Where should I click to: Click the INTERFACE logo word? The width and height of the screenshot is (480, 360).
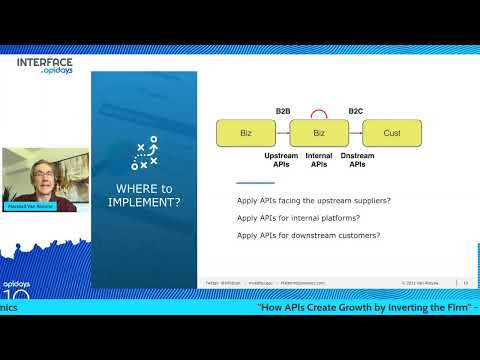click(45, 62)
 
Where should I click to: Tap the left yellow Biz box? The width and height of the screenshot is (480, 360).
click(246, 133)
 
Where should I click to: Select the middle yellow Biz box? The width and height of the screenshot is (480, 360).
click(319, 133)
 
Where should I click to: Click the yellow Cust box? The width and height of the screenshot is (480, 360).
click(391, 133)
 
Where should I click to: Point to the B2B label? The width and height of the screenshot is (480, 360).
click(283, 110)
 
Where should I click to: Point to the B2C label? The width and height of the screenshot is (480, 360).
click(355, 110)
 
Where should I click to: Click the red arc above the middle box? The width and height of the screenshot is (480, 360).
click(319, 112)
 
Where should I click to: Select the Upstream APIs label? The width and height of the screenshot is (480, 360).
click(281, 160)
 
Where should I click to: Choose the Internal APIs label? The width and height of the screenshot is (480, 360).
click(319, 160)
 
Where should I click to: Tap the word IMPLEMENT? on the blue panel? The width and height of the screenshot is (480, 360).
click(145, 202)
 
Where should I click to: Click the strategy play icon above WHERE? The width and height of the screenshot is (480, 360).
click(145, 152)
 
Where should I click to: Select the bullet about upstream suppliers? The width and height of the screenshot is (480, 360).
click(313, 201)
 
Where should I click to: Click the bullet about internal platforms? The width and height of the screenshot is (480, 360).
click(298, 218)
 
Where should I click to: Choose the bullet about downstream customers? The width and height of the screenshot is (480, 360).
click(308, 235)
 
